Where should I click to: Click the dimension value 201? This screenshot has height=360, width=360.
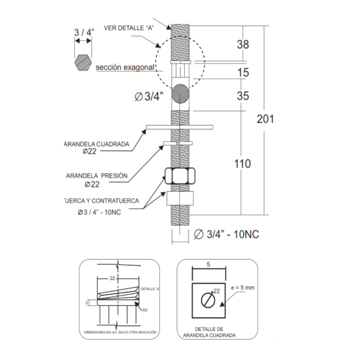click(x=265, y=119)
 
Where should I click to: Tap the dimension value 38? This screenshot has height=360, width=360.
click(x=243, y=44)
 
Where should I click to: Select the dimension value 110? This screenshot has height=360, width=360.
click(x=242, y=164)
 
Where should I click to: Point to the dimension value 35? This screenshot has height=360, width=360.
click(x=243, y=96)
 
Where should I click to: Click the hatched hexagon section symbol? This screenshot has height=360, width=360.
click(x=83, y=62)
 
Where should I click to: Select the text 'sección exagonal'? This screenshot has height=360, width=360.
click(x=125, y=67)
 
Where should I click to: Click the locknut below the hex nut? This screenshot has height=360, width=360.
click(x=180, y=198)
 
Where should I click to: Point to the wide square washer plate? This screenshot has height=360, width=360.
click(x=180, y=127)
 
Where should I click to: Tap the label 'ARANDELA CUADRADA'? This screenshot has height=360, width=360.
click(x=96, y=144)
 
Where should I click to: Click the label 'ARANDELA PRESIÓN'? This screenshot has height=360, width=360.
click(x=97, y=176)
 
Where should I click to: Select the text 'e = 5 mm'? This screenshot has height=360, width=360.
click(x=243, y=288)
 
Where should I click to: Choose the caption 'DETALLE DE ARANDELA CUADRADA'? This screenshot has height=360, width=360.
click(x=209, y=332)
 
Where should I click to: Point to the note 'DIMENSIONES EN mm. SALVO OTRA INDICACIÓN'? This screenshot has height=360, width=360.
click(x=119, y=332)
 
